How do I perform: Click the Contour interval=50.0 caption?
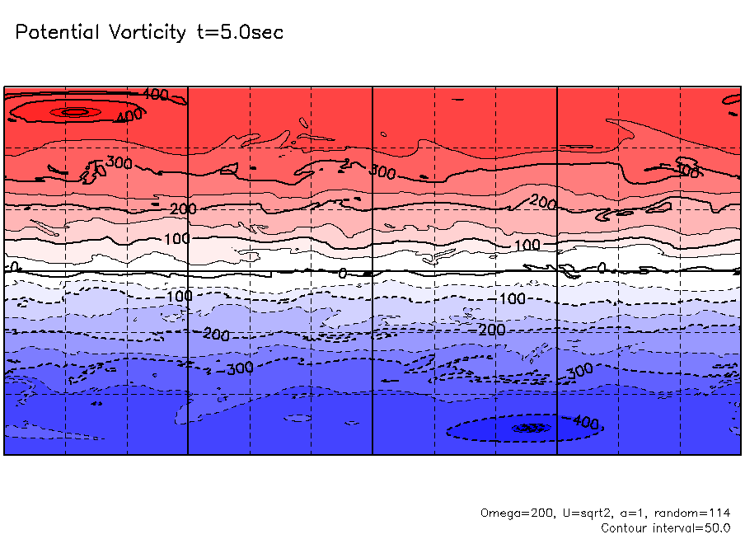pos(666,527)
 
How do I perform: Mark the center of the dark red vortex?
pos(74,111)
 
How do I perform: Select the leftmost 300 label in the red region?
pos(119,163)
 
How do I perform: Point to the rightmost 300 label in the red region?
pos(688,171)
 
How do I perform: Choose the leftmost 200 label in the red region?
pos(183,209)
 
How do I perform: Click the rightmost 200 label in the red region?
pos(543,201)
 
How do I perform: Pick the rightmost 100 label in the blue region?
pos(512,298)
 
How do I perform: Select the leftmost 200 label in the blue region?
pos(216,335)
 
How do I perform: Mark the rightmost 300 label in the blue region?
pos(579,371)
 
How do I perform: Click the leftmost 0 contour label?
pos(12,267)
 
